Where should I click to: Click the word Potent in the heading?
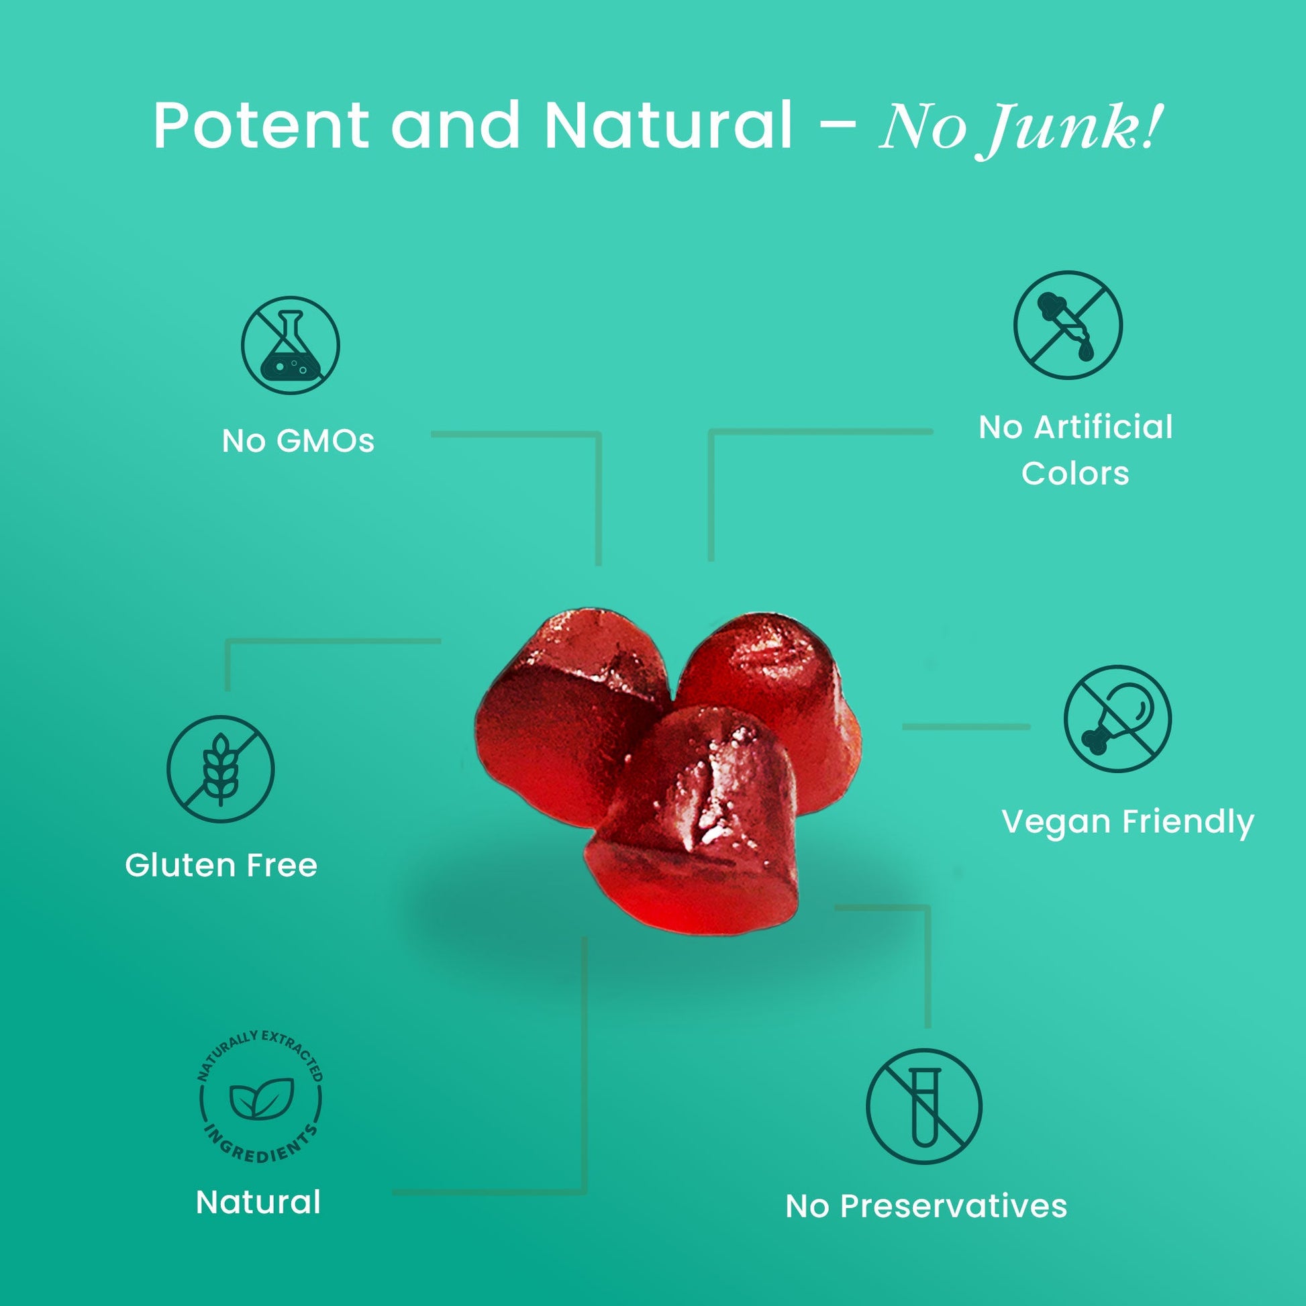click(261, 126)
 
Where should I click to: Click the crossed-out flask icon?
click(291, 346)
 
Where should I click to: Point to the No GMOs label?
click(298, 442)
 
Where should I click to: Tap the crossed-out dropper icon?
click(1067, 325)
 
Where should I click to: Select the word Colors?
click(1075, 473)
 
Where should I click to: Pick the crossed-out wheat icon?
click(220, 770)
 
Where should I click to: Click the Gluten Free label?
click(221, 865)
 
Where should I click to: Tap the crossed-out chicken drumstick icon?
click(1117, 719)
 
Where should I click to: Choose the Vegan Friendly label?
click(1127, 823)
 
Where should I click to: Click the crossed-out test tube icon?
click(923, 1107)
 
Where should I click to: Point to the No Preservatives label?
click(926, 1206)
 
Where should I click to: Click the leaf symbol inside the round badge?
click(261, 1099)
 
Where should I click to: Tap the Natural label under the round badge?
click(258, 1203)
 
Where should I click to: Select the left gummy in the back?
click(561, 710)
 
